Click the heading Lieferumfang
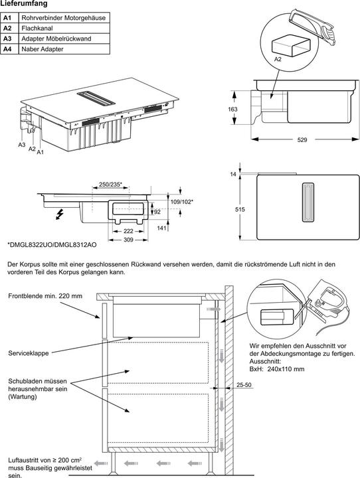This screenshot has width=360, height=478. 24,4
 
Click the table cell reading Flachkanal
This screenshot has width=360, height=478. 37,29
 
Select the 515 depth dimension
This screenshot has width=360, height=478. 240,209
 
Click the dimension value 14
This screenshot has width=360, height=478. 232,174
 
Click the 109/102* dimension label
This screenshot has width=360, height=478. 181,200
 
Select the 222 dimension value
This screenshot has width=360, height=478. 129,230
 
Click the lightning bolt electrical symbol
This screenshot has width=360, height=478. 62,214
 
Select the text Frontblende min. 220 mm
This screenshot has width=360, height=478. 45,295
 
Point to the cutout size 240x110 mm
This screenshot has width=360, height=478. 283,368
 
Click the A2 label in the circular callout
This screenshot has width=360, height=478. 278,60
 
